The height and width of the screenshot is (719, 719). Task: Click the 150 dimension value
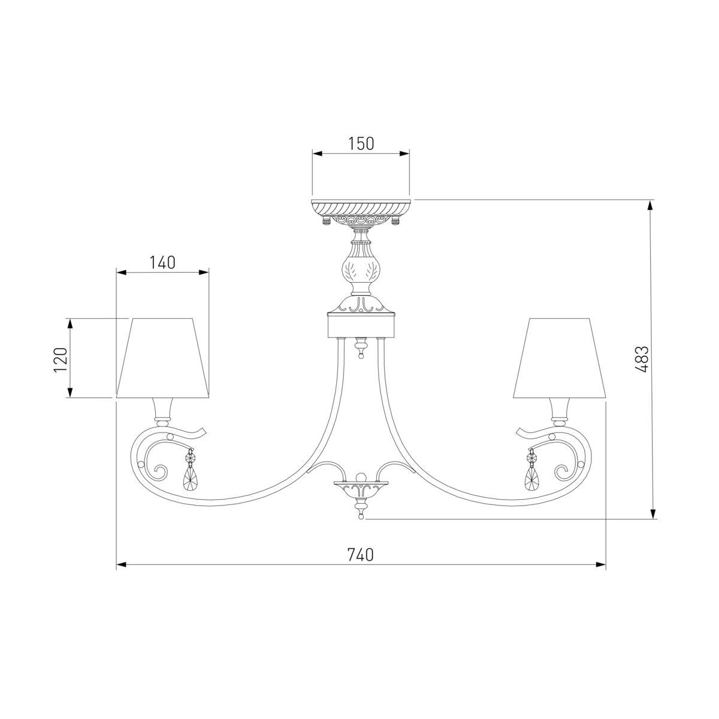pyautogui.click(x=361, y=143)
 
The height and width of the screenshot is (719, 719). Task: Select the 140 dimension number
pyautogui.click(x=162, y=262)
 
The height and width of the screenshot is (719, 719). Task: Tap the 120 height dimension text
pyautogui.click(x=61, y=359)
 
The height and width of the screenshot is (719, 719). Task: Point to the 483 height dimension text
pyautogui.click(x=642, y=359)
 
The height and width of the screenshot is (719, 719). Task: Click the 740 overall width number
pyautogui.click(x=361, y=555)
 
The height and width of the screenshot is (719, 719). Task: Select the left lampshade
pyautogui.click(x=162, y=358)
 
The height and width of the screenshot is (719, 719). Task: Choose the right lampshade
pyautogui.click(x=559, y=358)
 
